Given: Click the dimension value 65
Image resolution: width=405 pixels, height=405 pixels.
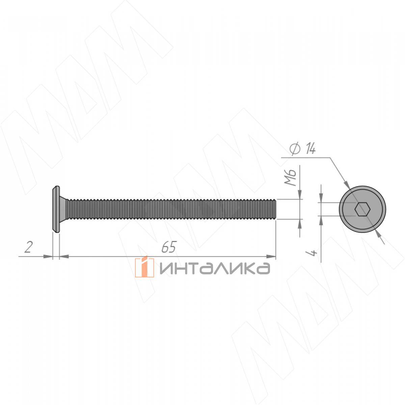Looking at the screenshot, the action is (168, 247).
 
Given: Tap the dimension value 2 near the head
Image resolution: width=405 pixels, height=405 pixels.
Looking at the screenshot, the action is (29, 247).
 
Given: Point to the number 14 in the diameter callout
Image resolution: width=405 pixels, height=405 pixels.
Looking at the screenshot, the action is (310, 148).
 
